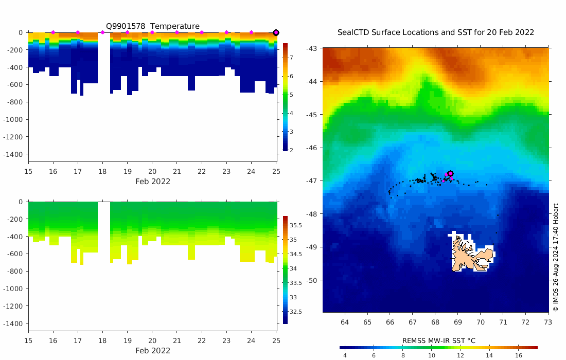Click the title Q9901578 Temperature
(x=153, y=26)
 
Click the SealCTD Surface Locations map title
(x=435, y=32)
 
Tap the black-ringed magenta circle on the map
(x=450, y=174)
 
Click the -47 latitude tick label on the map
(x=312, y=181)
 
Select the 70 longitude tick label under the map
(x=480, y=322)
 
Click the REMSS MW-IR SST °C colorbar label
(x=438, y=340)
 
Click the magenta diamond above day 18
(x=102, y=32)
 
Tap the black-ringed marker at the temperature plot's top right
(x=276, y=32)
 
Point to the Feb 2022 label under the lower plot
(x=153, y=351)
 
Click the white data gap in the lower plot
(x=103, y=231)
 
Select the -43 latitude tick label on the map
(x=312, y=48)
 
